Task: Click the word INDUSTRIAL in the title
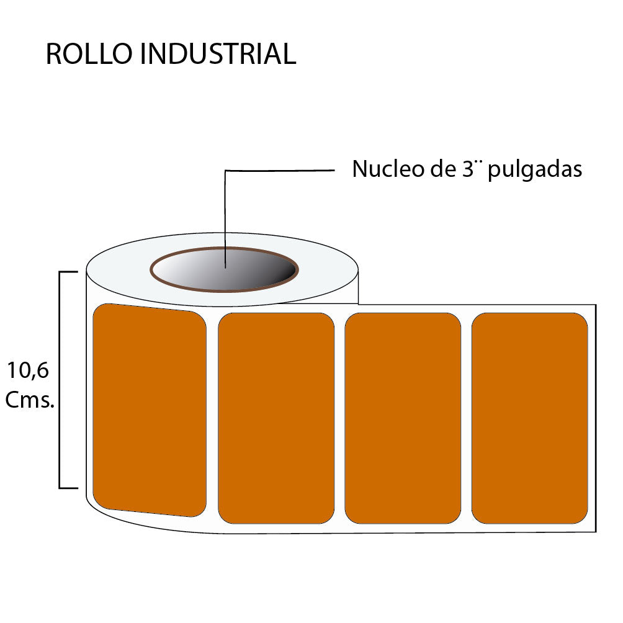click(218, 55)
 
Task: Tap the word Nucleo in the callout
click(384, 169)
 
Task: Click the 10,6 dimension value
click(29, 371)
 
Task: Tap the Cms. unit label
click(30, 400)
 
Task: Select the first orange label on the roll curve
click(149, 410)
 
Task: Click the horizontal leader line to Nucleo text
click(279, 170)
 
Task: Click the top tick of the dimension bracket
click(68, 272)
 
